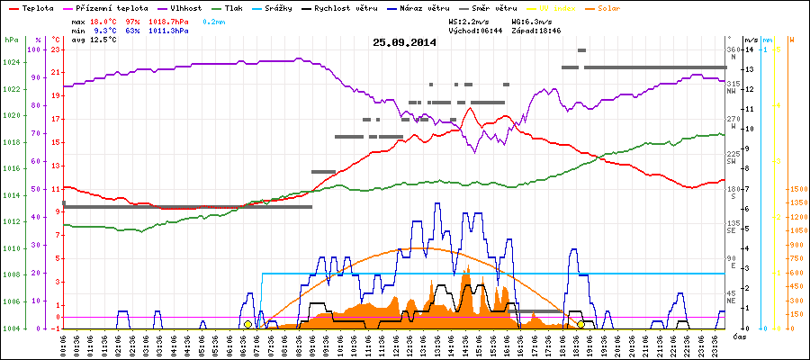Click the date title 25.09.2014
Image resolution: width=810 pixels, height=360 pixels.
404,42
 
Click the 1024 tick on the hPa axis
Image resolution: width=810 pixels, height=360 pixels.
11,62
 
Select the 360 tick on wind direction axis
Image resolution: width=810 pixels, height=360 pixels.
733,49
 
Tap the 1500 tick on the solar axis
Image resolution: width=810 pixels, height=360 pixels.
797,189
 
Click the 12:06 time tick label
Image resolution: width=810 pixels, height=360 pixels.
395,345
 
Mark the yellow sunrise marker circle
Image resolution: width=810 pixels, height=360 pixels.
247,324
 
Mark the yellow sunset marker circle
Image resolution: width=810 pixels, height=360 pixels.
581,324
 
